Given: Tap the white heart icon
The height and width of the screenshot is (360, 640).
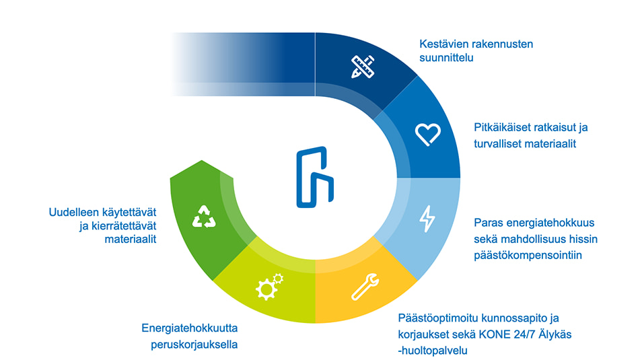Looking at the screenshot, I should click(x=427, y=135).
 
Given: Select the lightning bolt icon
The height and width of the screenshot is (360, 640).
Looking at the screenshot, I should click(x=427, y=218).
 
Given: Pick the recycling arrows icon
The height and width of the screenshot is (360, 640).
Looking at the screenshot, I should click(x=203, y=217).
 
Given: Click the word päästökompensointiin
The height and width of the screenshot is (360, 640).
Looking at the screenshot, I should click(x=528, y=256).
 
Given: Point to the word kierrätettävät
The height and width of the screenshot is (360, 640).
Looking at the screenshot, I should click(x=118, y=226).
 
